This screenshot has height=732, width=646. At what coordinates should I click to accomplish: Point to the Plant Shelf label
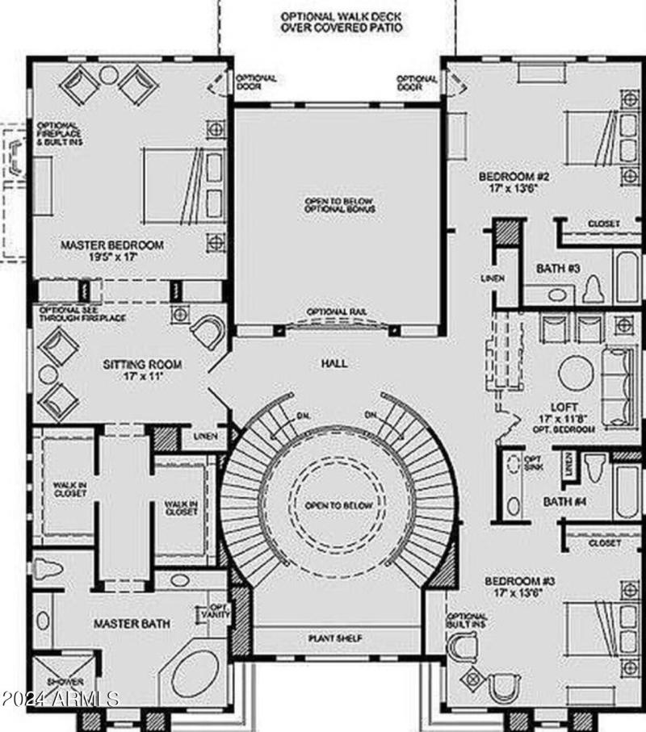click(334, 638)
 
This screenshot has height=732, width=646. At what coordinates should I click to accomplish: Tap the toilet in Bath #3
click(594, 287)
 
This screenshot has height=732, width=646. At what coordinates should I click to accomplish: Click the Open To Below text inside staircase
click(339, 505)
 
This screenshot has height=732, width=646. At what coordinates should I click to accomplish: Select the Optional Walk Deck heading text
click(341, 21)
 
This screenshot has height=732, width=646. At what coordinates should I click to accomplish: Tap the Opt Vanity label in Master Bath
click(220, 611)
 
